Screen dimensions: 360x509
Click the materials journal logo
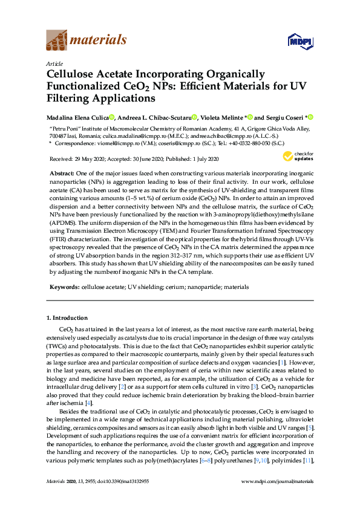[x=86, y=40]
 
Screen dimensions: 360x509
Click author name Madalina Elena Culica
[x=77, y=117]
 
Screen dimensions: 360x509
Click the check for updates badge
[x=298, y=157]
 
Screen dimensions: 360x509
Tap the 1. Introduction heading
[x=67, y=318]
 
